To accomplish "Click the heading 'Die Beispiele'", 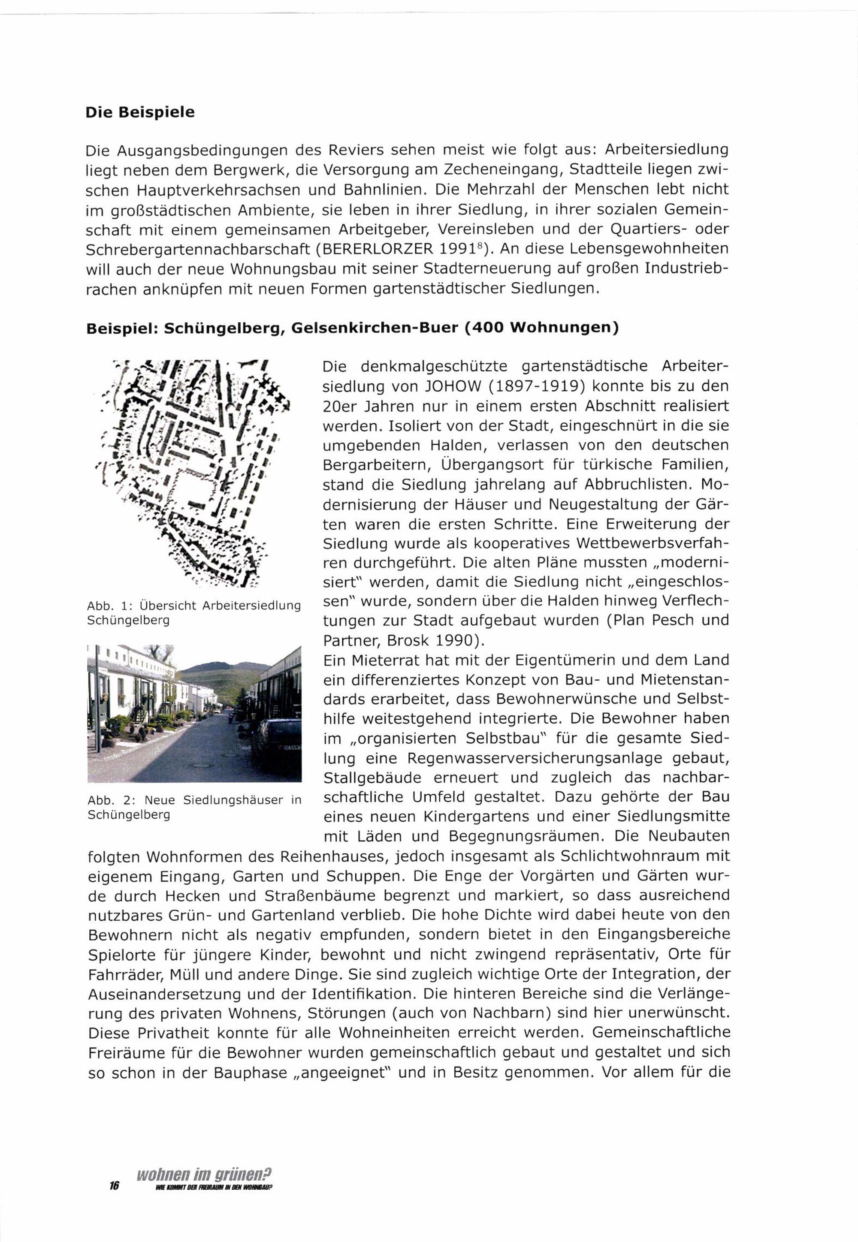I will coord(140,113).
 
